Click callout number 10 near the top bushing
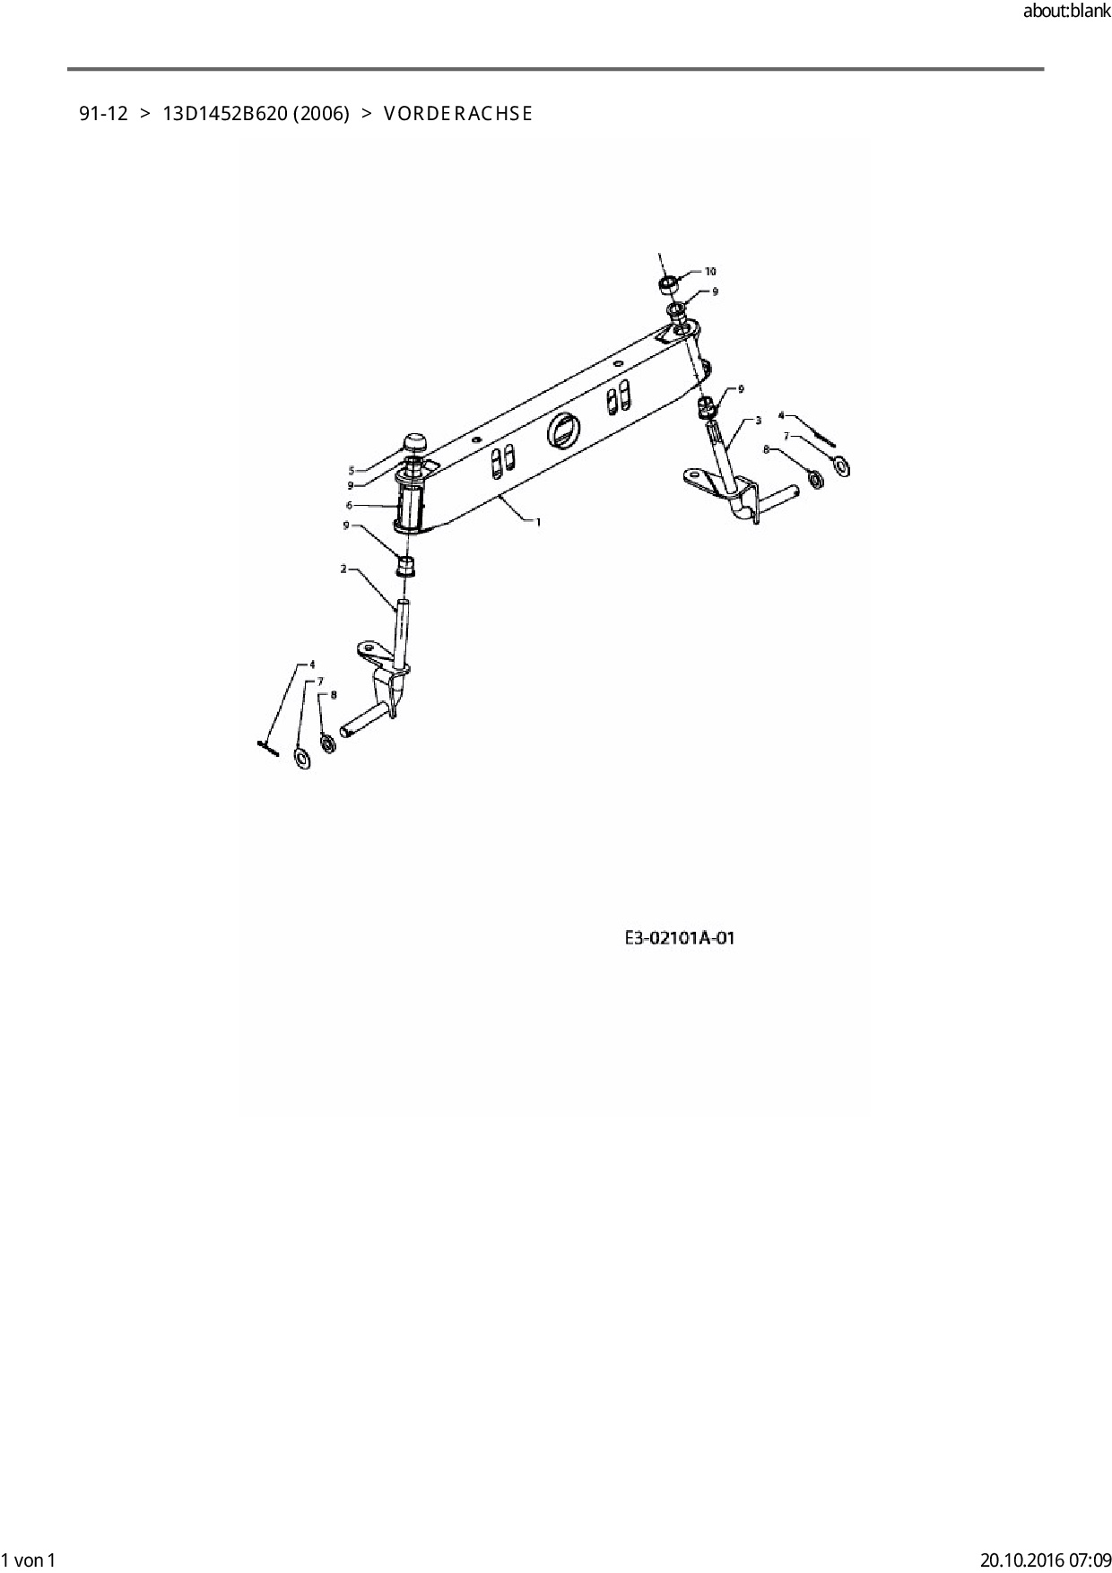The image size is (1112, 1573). tap(710, 271)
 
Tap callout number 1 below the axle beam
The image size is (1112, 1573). tap(538, 522)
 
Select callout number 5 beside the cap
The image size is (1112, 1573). tap(352, 470)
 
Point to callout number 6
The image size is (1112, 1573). tap(349, 506)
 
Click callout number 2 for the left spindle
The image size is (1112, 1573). tap(343, 569)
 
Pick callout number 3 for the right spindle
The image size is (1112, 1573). tap(759, 420)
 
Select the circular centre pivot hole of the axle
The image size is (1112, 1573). tap(562, 431)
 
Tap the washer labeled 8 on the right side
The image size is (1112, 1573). tap(815, 478)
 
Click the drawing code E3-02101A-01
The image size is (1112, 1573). tap(680, 938)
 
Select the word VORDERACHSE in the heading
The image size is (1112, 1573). tap(457, 114)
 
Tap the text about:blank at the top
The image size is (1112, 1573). tap(1066, 12)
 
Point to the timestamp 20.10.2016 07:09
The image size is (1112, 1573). tap(1046, 1560)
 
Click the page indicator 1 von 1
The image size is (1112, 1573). tap(29, 1560)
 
